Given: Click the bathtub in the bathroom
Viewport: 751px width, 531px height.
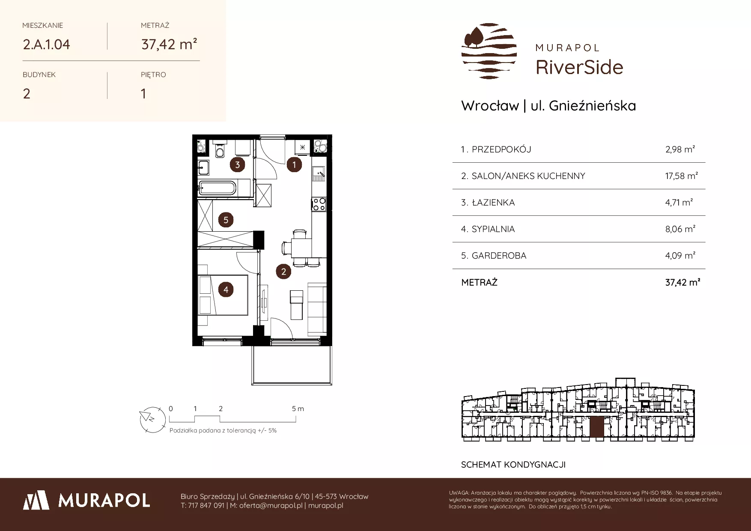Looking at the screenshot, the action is point(217,188).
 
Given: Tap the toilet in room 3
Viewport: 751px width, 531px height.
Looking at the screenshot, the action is point(220,149).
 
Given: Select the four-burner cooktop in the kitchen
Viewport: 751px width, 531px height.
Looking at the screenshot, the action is point(319,204).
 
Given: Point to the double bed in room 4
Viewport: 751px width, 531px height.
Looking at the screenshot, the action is point(223,295).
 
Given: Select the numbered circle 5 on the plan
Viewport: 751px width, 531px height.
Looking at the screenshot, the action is point(226,220).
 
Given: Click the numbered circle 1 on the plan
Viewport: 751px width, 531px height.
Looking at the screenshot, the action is point(294,164).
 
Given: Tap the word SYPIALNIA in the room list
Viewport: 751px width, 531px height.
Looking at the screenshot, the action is point(493,229).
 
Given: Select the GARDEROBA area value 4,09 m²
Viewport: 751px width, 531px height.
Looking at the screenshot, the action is point(680,256).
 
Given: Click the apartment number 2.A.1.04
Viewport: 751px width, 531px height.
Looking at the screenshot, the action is point(46,45).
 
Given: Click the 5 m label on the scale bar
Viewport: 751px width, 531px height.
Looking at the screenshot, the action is point(298,409).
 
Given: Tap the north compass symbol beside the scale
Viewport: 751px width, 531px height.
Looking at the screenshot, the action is point(152,419).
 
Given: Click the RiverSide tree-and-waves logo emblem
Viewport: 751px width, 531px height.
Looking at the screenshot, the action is point(489,51).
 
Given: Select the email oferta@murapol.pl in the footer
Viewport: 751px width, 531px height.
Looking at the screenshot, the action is point(271,506).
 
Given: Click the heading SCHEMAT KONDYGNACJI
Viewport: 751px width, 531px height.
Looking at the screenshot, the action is point(513,465).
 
